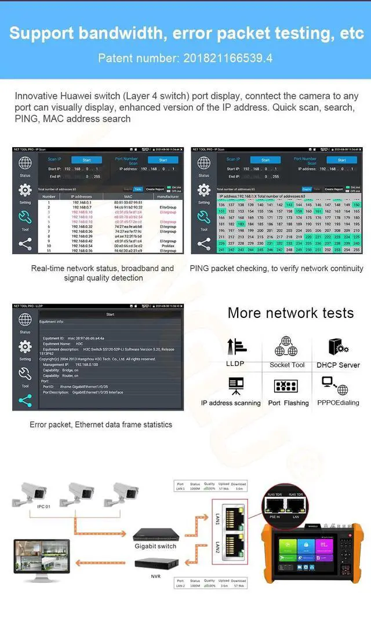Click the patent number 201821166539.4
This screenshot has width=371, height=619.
coord(228,58)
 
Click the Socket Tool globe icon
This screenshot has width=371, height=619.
coord(286,346)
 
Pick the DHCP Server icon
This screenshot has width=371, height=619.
coord(338,346)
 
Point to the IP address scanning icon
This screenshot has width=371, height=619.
coord(236,385)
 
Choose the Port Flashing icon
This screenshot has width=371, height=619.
coord(286,386)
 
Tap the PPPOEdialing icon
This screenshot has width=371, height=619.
coord(334,385)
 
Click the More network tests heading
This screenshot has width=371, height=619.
coord(290,313)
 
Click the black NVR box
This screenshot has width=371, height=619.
coord(155,563)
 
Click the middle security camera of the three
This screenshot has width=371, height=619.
coord(81,493)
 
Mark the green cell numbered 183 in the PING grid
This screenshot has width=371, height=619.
coord(241,224)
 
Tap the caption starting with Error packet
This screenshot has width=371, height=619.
coord(101,424)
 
